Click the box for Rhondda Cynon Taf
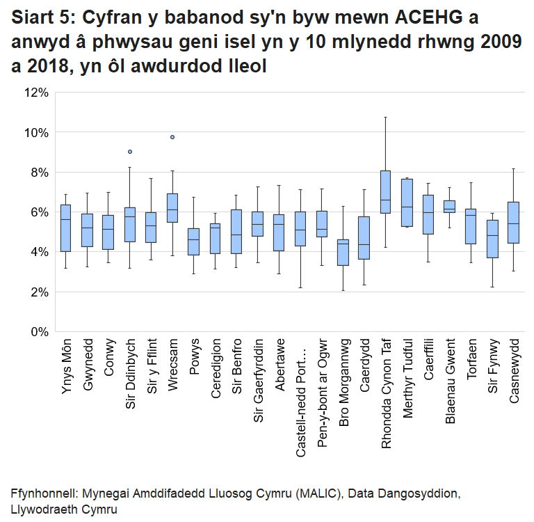pyautogui.click(x=385, y=192)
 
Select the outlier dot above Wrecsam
pyautogui.click(x=172, y=137)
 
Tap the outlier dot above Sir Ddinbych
pyautogui.click(x=130, y=152)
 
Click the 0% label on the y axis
pyautogui.click(x=37, y=332)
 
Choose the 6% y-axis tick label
pyautogui.click(x=37, y=212)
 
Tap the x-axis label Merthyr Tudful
pyautogui.click(x=407, y=378)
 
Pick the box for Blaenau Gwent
pyautogui.click(x=450, y=207)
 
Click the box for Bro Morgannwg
pyautogui.click(x=343, y=253)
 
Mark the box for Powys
pyautogui.click(x=194, y=242)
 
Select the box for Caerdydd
pyautogui.click(x=364, y=238)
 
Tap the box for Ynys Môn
pyautogui.click(x=66, y=228)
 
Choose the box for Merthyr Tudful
pyautogui.click(x=407, y=203)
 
